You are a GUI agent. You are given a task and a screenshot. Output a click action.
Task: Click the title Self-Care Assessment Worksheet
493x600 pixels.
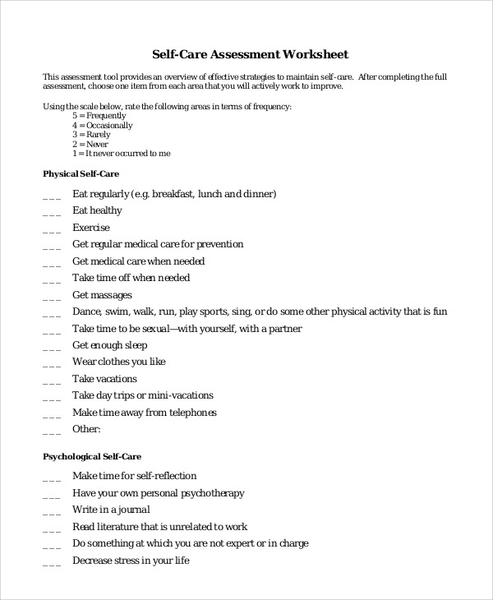click(x=251, y=55)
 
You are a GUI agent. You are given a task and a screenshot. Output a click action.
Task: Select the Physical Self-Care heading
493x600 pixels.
click(x=81, y=174)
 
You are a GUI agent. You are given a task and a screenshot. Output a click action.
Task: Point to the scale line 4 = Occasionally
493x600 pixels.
click(x=103, y=126)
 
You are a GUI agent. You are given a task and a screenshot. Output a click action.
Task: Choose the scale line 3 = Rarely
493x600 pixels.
click(x=91, y=135)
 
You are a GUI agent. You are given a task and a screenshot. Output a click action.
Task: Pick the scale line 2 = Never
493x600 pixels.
click(x=90, y=144)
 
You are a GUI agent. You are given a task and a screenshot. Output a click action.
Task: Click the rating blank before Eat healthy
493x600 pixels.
click(x=51, y=211)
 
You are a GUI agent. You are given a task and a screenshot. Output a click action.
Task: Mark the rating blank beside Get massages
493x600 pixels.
click(x=51, y=296)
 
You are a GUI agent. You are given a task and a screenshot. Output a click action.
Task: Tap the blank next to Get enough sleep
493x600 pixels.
click(x=51, y=346)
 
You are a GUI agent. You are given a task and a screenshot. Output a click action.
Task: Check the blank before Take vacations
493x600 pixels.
click(x=51, y=380)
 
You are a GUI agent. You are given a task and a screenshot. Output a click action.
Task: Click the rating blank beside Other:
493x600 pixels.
click(x=51, y=430)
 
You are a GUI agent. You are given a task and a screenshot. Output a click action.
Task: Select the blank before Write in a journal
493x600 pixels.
click(x=51, y=510)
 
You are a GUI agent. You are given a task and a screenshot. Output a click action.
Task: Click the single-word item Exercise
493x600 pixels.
click(x=90, y=228)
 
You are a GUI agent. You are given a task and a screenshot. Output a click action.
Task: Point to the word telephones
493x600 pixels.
click(x=190, y=413)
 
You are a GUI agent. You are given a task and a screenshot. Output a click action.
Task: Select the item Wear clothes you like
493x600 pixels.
click(x=119, y=362)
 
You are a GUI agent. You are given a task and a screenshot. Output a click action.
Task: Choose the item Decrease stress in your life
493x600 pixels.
click(x=131, y=561)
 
